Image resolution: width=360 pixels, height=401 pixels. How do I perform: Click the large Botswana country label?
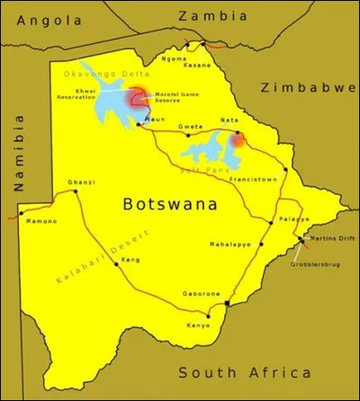point(170,204)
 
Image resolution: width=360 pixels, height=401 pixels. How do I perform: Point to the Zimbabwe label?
point(308,87)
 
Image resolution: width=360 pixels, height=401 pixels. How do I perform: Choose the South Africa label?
point(244,372)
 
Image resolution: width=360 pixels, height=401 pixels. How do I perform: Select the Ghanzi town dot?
point(73,191)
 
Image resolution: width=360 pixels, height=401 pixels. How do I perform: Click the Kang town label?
point(130,260)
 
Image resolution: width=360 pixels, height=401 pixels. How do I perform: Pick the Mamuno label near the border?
point(41,220)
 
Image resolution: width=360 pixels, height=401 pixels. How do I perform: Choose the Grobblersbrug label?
point(315,267)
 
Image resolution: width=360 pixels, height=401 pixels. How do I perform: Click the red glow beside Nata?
point(238,140)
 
